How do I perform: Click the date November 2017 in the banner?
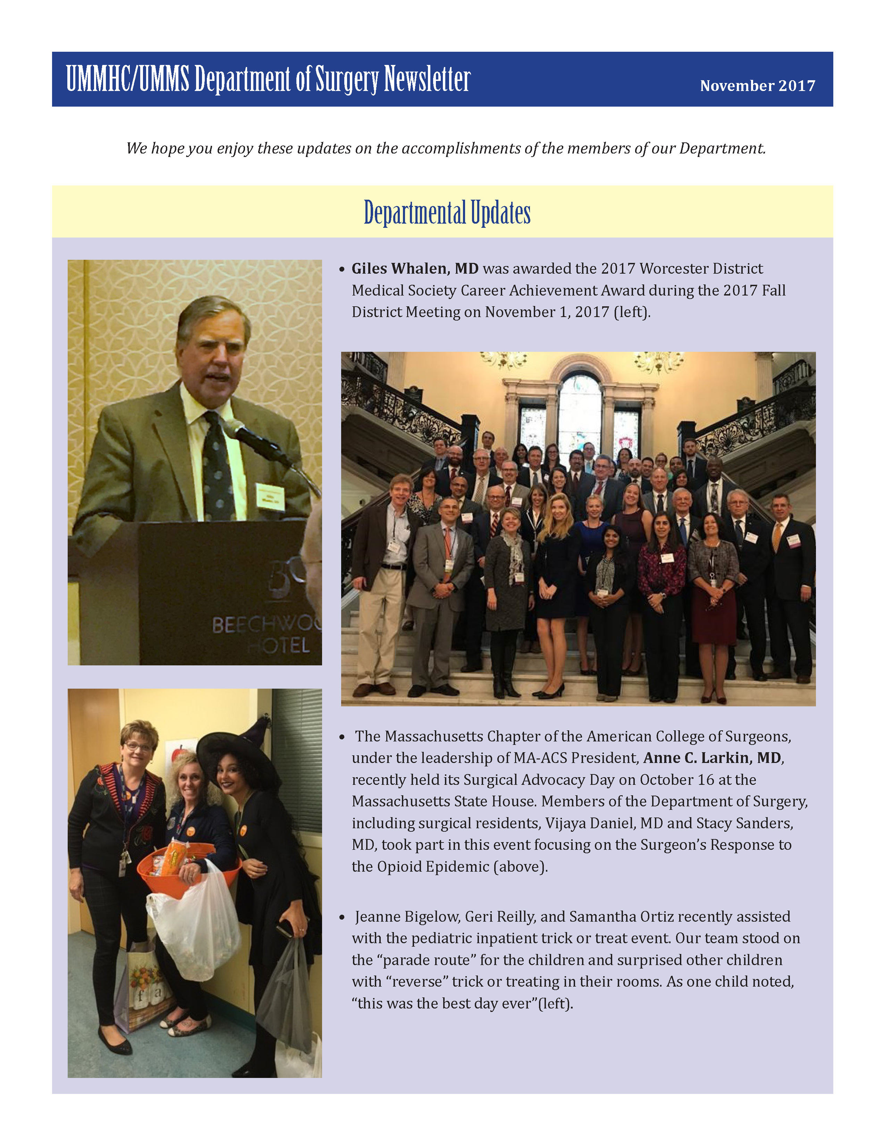tap(757, 85)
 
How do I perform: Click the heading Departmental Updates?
tap(447, 213)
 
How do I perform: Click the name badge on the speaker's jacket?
tap(270, 496)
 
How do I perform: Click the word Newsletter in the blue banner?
tap(427, 80)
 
